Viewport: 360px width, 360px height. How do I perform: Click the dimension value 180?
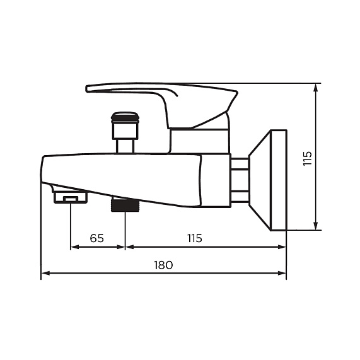pos(163,265)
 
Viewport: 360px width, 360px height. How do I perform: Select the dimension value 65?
pos(96,238)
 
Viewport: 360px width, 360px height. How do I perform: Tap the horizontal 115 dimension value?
pos(194,238)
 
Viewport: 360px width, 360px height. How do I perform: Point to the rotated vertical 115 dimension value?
pos(307,158)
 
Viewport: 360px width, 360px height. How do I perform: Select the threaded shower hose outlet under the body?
pos(125,205)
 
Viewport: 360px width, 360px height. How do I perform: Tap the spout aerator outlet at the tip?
pos(70,198)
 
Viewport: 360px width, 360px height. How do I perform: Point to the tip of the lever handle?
pos(90,88)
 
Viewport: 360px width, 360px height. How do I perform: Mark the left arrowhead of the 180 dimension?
pos(45,274)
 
